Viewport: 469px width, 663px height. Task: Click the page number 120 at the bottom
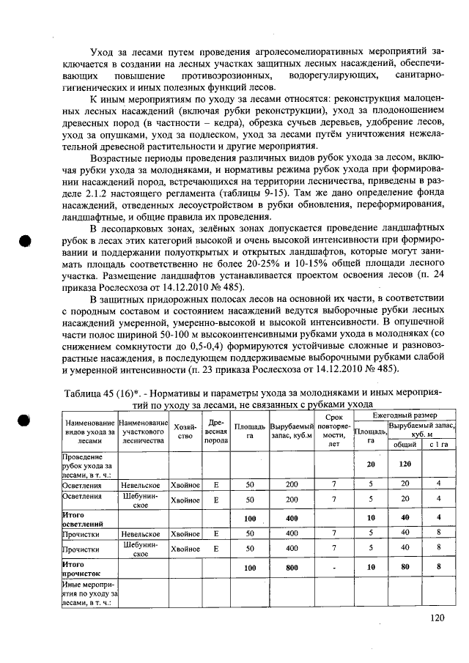(437, 618)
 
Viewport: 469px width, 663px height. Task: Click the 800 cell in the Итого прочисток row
(292, 567)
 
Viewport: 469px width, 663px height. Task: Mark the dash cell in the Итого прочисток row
(333, 567)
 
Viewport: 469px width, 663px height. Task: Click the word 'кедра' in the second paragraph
(218, 121)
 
